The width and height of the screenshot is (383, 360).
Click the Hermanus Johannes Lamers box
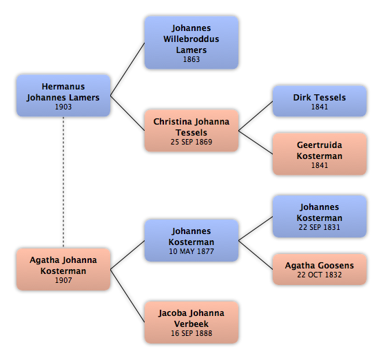click(x=63, y=96)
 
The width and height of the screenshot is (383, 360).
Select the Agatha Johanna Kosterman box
click(x=63, y=269)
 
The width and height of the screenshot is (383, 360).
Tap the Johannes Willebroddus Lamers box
click(x=191, y=43)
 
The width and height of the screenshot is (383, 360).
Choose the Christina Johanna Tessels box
click(x=191, y=131)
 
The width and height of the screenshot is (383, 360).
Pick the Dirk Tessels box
click(x=320, y=101)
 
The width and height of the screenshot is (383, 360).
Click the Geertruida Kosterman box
click(x=320, y=154)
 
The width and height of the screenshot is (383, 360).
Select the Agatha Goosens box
click(x=320, y=269)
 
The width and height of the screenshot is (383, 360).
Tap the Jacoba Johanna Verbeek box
click(x=191, y=322)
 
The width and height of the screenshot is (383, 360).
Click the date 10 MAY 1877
click(x=191, y=251)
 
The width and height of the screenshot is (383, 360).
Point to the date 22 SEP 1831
click(x=319, y=227)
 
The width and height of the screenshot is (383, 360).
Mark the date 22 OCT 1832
click(x=319, y=275)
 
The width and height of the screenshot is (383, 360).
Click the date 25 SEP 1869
click(x=191, y=142)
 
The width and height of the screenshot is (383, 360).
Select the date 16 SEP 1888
click(x=191, y=333)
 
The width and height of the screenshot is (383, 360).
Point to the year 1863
click(x=191, y=59)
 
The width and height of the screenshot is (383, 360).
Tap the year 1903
click(x=63, y=107)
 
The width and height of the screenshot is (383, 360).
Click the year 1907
click(x=63, y=280)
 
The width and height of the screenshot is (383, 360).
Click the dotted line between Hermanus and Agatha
click(x=63, y=182)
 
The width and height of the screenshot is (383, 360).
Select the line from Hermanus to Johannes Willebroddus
click(x=127, y=69)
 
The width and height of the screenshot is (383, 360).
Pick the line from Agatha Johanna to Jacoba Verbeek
click(x=127, y=296)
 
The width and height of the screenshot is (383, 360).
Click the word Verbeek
click(x=191, y=324)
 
